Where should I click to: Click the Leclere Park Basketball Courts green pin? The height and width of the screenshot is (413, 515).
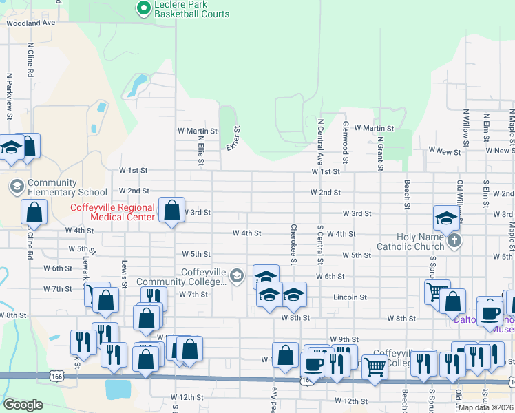[x=144, y=9]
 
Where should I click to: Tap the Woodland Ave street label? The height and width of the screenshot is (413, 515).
[x=30, y=23]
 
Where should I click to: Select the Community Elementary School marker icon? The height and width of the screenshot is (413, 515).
[x=17, y=186]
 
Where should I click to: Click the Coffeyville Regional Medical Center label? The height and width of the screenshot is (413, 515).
[x=112, y=212]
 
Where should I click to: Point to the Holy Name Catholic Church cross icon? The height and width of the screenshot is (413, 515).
[x=453, y=241]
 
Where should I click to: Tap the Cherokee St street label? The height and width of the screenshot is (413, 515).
[x=294, y=244]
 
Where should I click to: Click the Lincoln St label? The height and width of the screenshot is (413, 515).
[x=350, y=297]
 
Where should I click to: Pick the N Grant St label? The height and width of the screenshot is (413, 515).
[x=380, y=152]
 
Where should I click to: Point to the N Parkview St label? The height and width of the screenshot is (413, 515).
[x=10, y=96]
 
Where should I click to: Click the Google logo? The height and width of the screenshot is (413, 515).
[x=23, y=405]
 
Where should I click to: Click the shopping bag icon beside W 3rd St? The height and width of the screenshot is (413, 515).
[x=171, y=210]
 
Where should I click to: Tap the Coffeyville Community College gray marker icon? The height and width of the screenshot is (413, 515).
[x=237, y=276]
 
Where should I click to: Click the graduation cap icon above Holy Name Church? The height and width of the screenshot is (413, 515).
[x=446, y=218]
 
